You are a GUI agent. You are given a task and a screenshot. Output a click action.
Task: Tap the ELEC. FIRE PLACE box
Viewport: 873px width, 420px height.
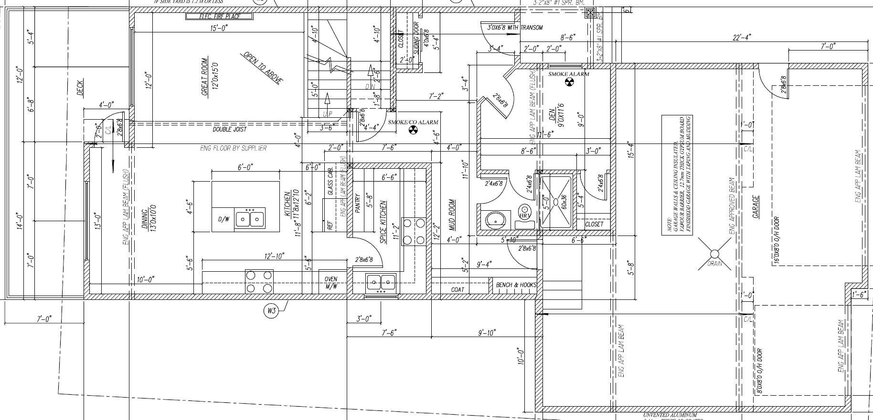coord(219,17)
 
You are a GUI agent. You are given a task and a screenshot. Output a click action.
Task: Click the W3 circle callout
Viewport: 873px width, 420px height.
coord(271,311)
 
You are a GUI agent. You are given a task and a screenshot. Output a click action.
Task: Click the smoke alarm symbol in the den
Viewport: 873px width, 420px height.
coord(568,82)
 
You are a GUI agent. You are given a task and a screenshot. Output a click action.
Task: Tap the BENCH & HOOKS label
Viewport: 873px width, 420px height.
coord(516,285)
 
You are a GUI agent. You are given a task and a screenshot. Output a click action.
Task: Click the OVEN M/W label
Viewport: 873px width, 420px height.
coord(331,283)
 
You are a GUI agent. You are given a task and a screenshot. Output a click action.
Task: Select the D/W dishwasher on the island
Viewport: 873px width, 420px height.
coord(223,220)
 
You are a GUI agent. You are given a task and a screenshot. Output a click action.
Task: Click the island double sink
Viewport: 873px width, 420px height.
coord(250,220)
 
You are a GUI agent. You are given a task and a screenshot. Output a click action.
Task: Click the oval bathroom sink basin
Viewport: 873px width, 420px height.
coord(496,220)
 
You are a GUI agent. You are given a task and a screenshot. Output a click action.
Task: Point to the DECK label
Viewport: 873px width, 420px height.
coord(80,87)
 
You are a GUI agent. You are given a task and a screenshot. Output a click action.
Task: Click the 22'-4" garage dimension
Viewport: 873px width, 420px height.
coord(742,37)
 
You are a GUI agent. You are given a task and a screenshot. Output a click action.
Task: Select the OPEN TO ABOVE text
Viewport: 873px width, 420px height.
coord(262,68)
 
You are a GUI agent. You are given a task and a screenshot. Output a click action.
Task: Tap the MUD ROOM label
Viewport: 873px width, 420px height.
coord(452,215)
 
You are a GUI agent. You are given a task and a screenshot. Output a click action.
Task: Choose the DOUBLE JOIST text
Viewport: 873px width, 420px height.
coord(229,129)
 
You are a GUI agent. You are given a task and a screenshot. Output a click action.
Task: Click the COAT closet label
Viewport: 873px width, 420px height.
coord(457,289)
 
